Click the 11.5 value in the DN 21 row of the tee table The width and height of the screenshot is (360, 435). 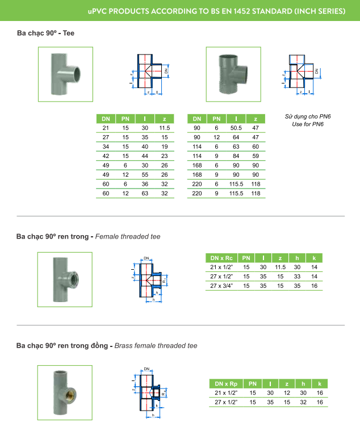click(165, 128)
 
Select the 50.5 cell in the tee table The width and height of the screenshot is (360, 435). click(236, 128)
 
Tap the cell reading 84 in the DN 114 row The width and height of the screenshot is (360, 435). click(236, 156)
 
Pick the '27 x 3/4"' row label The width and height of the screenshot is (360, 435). click(221, 286)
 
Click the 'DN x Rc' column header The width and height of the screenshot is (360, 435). click(221, 258)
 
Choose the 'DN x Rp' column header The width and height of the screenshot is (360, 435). click(226, 384)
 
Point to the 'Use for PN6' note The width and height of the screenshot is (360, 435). click(308, 124)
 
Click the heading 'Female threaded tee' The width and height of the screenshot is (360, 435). click(128, 237)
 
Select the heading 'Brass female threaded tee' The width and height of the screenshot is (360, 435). click(156, 346)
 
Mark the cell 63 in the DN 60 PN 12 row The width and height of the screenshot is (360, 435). click(145, 193)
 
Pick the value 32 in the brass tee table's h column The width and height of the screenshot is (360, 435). click(303, 402)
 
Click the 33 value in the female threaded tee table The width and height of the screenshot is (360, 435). click(297, 277)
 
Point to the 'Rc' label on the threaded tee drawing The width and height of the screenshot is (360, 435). click(165, 281)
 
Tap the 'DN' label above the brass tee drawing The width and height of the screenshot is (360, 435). click(146, 369)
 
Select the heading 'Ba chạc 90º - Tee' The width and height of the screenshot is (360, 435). click(46, 33)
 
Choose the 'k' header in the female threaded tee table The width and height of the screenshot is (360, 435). click(314, 258)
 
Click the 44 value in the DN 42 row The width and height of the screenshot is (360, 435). click(145, 156)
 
